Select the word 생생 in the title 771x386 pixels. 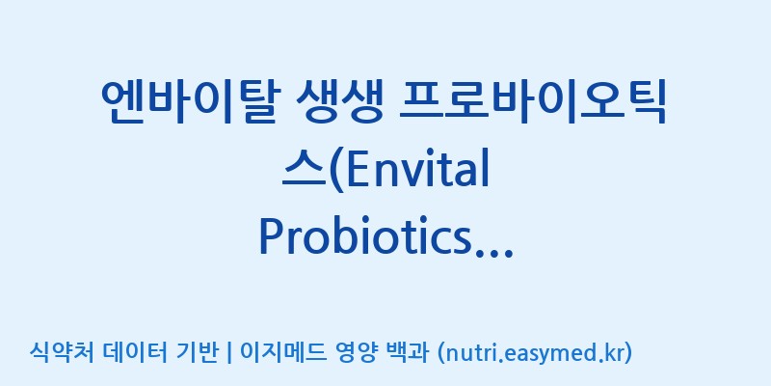(339, 103)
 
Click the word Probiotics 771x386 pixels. (365, 236)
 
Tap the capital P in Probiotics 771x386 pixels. (272, 237)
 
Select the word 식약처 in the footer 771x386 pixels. (62, 352)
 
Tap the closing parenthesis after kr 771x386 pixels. (627, 353)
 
